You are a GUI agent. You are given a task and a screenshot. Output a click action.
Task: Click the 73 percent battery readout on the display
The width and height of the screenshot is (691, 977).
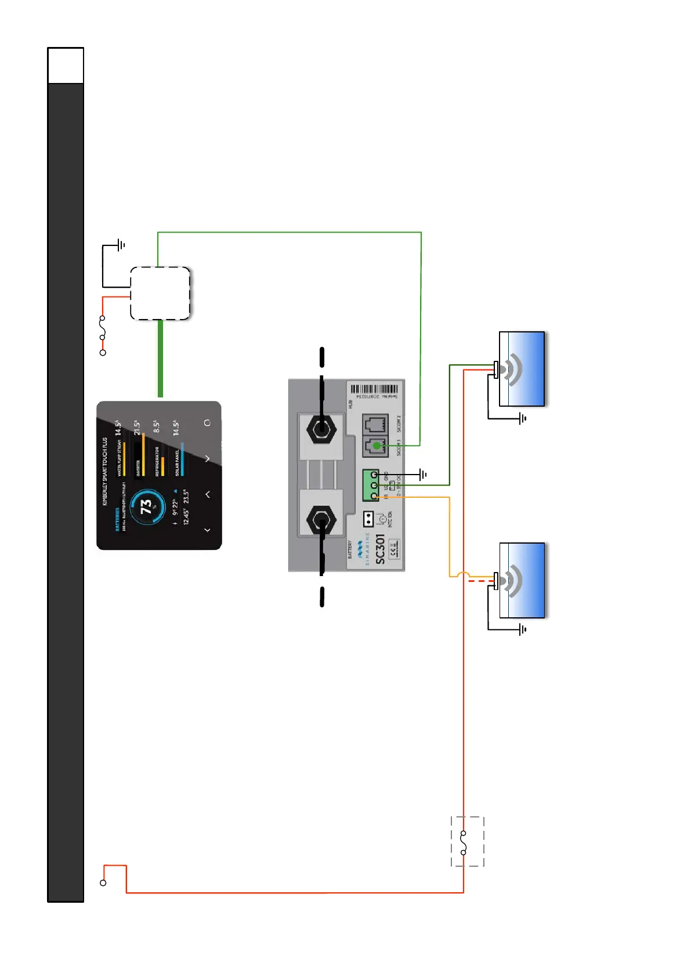(x=146, y=507)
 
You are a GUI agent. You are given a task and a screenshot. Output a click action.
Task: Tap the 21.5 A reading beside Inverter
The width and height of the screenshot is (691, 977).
(x=137, y=428)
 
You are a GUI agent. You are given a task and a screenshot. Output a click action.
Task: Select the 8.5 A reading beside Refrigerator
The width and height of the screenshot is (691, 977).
(x=156, y=427)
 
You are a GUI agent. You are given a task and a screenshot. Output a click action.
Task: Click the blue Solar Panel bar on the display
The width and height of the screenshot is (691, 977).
(x=182, y=459)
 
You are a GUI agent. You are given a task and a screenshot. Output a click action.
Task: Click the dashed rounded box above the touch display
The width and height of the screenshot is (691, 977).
(x=160, y=293)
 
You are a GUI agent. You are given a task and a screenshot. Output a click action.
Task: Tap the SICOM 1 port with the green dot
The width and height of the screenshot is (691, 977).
(x=376, y=445)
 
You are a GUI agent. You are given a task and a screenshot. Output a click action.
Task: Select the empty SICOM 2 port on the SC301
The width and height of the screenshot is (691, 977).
(x=376, y=424)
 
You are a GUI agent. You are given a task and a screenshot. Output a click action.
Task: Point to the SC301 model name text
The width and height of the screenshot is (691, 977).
(x=380, y=549)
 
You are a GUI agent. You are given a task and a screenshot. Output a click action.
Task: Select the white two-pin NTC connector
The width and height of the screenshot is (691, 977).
(x=368, y=518)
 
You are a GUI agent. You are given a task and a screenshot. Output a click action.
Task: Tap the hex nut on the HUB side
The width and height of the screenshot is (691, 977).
(x=321, y=430)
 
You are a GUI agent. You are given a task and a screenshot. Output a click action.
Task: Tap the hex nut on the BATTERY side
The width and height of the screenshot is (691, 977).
(x=321, y=521)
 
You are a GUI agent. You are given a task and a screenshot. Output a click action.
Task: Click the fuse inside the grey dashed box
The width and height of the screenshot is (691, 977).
(x=464, y=842)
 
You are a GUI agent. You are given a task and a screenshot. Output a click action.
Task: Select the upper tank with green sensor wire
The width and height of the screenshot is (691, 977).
(x=522, y=369)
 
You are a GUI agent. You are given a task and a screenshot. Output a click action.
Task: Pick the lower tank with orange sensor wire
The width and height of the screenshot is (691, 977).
(x=522, y=580)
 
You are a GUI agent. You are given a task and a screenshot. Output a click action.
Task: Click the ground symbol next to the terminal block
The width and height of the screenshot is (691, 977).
(x=424, y=475)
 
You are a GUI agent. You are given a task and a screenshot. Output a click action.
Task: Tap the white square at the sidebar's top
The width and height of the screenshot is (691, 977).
(x=66, y=66)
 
